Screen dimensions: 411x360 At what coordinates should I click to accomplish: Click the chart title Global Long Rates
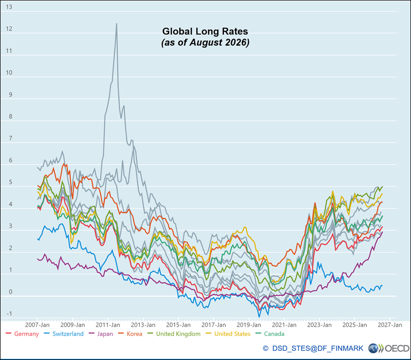(205, 31)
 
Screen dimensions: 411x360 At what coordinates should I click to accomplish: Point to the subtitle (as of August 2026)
(205, 42)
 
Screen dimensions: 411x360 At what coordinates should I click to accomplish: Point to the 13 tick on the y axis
(9, 7)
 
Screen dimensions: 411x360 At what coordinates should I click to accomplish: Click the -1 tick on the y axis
(9, 314)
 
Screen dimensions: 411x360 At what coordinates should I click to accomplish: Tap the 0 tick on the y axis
(10, 292)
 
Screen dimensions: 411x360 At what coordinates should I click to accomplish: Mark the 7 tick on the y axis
(10, 138)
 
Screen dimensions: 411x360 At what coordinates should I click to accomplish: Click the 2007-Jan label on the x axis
(37, 325)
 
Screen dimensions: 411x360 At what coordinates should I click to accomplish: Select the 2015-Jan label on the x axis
(178, 325)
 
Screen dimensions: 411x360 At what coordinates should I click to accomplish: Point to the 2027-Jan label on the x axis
(390, 325)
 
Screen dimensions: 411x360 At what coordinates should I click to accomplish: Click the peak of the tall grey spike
(117, 24)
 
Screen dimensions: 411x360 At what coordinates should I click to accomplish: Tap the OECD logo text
(397, 349)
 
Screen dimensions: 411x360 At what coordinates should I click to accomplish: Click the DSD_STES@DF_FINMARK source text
(317, 349)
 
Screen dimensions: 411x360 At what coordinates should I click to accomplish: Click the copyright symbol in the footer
(266, 349)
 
